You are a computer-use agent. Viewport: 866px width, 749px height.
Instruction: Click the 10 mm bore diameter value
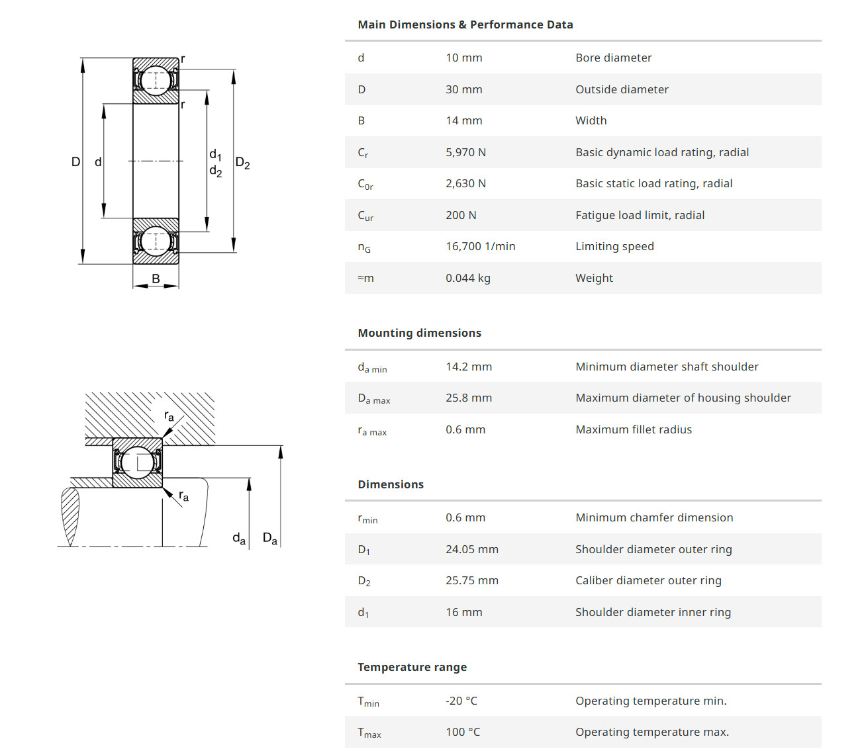[463, 58]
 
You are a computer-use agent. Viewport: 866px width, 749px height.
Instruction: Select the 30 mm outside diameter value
[463, 89]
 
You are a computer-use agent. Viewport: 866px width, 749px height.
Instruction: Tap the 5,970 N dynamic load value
[465, 152]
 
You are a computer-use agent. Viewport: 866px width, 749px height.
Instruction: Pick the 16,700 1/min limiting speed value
[480, 246]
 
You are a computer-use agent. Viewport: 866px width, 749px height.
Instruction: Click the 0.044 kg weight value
[467, 278]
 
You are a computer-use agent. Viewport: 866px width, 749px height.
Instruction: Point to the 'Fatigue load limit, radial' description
[640, 215]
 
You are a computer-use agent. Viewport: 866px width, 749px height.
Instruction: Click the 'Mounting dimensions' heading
[419, 333]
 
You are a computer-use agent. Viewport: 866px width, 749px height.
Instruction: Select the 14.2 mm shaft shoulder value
[468, 367]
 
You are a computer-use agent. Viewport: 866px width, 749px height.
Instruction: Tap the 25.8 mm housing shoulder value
[468, 398]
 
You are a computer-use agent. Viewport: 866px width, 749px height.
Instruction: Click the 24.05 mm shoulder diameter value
[471, 549]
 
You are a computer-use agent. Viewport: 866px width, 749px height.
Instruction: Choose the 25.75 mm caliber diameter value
[471, 580]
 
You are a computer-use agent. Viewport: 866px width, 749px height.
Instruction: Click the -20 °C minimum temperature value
[461, 701]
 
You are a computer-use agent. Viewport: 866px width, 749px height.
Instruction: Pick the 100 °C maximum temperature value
[462, 732]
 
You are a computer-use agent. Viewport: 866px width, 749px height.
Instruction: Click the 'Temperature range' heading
[412, 667]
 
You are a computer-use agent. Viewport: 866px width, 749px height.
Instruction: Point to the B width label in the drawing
[156, 279]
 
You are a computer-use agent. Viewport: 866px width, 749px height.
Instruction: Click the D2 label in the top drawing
[242, 163]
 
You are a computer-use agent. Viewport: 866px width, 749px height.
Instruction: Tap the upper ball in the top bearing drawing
[156, 80]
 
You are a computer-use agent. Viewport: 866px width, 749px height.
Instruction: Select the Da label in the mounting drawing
[269, 538]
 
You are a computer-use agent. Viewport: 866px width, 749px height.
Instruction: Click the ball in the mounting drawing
[138, 462]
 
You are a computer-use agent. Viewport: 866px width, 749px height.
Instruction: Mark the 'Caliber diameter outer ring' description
[648, 580]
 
